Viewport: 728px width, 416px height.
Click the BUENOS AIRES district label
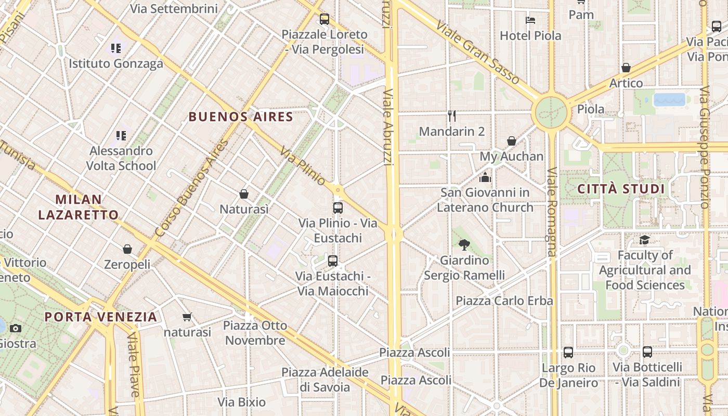click(x=241, y=116)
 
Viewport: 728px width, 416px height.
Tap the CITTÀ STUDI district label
click(x=621, y=189)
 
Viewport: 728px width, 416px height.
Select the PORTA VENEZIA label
click(x=100, y=317)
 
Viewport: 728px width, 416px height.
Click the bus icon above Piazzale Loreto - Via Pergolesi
click(x=324, y=19)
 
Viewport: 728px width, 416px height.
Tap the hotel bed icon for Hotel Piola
click(x=530, y=20)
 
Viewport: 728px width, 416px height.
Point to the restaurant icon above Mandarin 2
click(x=452, y=116)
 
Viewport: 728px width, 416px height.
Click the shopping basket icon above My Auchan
click(x=512, y=141)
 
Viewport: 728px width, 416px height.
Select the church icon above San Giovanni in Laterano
click(x=485, y=177)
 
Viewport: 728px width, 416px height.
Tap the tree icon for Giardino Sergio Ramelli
click(x=464, y=244)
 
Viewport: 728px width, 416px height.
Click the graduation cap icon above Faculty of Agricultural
click(x=644, y=240)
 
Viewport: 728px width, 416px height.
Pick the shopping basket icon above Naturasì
click(x=244, y=194)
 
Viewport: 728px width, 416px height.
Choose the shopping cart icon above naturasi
click(x=187, y=317)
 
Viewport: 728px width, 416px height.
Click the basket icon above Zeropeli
click(x=127, y=249)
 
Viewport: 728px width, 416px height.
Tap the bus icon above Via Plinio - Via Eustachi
click(x=338, y=208)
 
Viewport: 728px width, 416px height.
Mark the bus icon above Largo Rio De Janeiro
click(x=568, y=352)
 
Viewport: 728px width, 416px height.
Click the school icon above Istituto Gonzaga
click(x=116, y=48)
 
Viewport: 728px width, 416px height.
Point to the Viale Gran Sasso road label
click(x=477, y=52)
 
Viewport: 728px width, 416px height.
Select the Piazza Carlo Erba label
click(x=504, y=301)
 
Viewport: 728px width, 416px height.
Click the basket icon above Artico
click(x=626, y=68)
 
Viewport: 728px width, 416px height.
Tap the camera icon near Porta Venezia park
click(x=16, y=328)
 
